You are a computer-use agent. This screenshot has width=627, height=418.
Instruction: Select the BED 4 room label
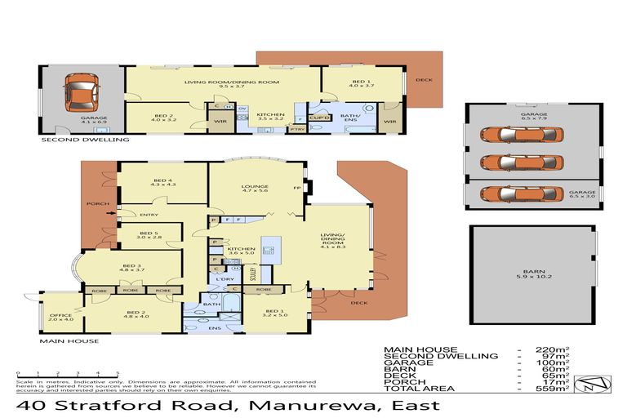tap(163, 182)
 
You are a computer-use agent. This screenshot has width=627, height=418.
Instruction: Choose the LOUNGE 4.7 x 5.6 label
tap(255, 189)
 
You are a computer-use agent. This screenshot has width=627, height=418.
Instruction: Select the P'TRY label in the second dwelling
tap(297, 129)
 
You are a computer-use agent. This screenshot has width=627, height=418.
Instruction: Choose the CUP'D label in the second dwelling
tap(319, 118)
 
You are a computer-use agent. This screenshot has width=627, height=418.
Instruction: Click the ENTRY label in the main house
tap(149, 215)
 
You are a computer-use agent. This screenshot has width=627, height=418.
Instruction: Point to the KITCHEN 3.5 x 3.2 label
tap(270, 117)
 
